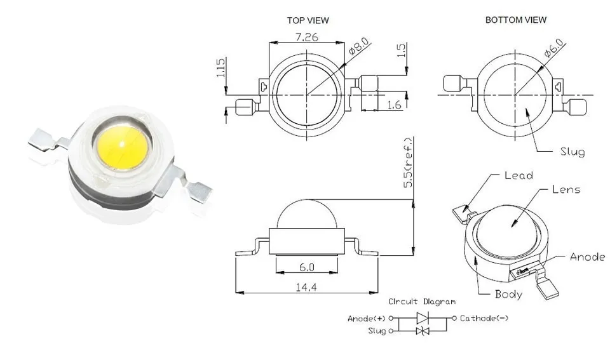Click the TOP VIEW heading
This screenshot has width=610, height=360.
point(308,20)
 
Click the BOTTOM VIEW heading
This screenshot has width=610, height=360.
point(515,20)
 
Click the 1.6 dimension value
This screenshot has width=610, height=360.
point(394,105)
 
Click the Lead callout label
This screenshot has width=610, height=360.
point(518,175)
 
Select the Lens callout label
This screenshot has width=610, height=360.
point(566,189)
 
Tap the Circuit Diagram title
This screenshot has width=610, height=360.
point(422,302)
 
